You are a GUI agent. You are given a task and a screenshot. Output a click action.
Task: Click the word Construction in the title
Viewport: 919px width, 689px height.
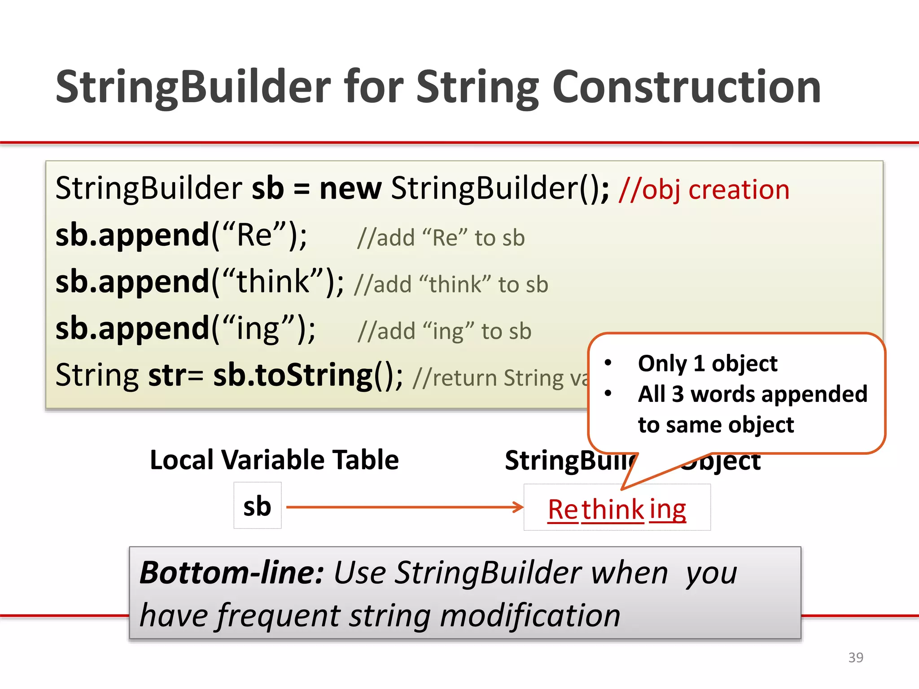pos(687,87)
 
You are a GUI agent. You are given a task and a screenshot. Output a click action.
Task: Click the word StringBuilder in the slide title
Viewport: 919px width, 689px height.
pos(193,87)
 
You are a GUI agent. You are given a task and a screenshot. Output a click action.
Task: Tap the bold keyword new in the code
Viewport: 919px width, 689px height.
pos(350,188)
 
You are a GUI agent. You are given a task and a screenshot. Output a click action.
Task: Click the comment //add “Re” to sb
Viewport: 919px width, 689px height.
pos(441,238)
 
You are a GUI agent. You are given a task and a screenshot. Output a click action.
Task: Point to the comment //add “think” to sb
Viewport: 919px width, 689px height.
pos(451,285)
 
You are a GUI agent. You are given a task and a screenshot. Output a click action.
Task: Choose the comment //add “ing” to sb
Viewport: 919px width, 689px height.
pos(444,331)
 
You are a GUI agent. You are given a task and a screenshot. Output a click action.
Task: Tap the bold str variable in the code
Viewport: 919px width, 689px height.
pos(166,375)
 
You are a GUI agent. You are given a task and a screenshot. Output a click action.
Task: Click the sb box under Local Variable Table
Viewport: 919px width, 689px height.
pos(257,506)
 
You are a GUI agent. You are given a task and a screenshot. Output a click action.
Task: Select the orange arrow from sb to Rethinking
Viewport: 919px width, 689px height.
pos(404,507)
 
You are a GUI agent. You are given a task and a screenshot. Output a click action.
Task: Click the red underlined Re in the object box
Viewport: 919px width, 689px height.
pos(563,510)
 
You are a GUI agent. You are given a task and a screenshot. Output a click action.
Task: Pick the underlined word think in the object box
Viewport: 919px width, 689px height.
pos(613,510)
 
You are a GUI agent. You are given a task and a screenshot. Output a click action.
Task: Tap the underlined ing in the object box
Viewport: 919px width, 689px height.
pos(668,510)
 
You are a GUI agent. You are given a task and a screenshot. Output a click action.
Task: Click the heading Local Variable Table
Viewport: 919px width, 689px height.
pos(274,460)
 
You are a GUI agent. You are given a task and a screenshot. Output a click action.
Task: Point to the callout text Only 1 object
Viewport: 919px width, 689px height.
pos(708,363)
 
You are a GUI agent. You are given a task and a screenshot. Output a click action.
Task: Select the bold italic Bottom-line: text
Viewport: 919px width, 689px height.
pos(231,573)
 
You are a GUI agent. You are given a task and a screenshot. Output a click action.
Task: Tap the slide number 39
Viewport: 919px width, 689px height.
pos(855,657)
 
